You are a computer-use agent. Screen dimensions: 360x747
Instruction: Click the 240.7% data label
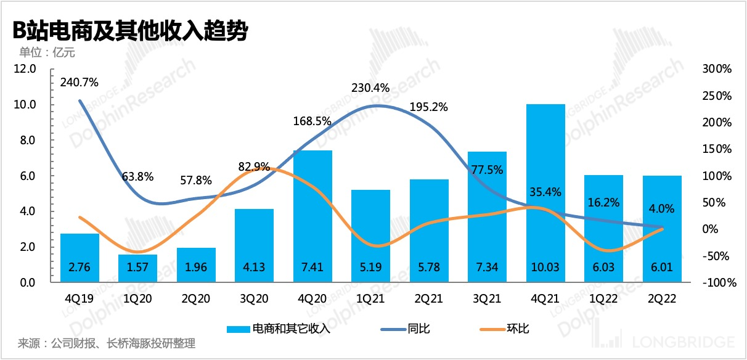[80, 82]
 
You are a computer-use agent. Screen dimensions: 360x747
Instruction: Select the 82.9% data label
[255, 166]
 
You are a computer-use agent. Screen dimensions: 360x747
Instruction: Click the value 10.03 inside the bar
[545, 268]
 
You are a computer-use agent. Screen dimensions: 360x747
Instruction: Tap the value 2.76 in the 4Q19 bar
[80, 268]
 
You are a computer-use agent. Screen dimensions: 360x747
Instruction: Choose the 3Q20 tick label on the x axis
[255, 299]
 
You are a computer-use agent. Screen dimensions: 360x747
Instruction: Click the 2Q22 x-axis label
[661, 299]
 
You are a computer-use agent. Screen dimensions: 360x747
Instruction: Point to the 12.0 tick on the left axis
[26, 68]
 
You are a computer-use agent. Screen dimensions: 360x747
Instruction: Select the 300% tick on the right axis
[716, 69]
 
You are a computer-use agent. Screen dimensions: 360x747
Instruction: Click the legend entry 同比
[418, 329]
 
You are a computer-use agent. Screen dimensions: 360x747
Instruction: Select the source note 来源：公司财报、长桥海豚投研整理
[107, 343]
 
